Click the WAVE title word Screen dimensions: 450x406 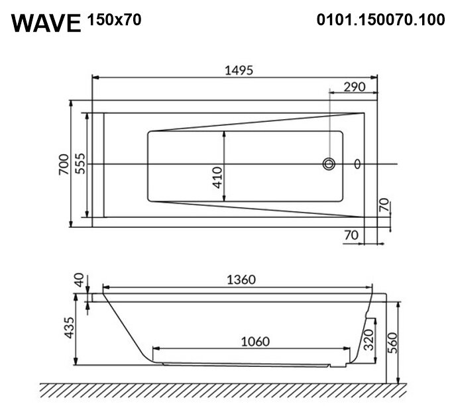point(46,23)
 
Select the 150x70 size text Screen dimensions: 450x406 point(114,20)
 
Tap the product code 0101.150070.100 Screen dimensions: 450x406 point(381,20)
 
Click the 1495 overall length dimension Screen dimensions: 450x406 point(239,70)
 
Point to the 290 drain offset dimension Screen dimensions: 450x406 point(355,87)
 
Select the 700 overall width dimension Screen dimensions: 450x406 point(64,164)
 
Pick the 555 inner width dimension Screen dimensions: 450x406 point(80,164)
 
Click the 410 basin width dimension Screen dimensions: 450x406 point(217,178)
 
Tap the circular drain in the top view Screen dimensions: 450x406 point(329,164)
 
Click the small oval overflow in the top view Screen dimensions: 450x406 point(357,164)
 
